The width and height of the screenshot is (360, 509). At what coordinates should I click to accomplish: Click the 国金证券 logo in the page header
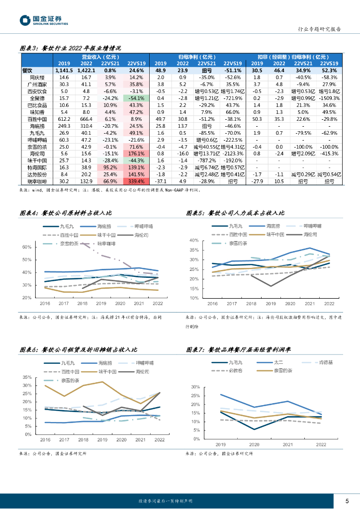[x=43, y=20]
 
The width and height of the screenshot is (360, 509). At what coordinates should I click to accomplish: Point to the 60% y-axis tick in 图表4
[x=28, y=247]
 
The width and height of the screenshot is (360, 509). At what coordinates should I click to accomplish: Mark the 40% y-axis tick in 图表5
[x=194, y=241]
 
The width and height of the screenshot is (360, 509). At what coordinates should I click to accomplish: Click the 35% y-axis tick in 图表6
[x=28, y=378]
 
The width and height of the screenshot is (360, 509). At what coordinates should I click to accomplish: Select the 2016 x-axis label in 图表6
[x=45, y=440]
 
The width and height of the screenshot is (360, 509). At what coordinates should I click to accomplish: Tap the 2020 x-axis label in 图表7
[x=254, y=444]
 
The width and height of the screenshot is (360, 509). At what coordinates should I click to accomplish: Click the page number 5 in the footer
[x=347, y=501]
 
